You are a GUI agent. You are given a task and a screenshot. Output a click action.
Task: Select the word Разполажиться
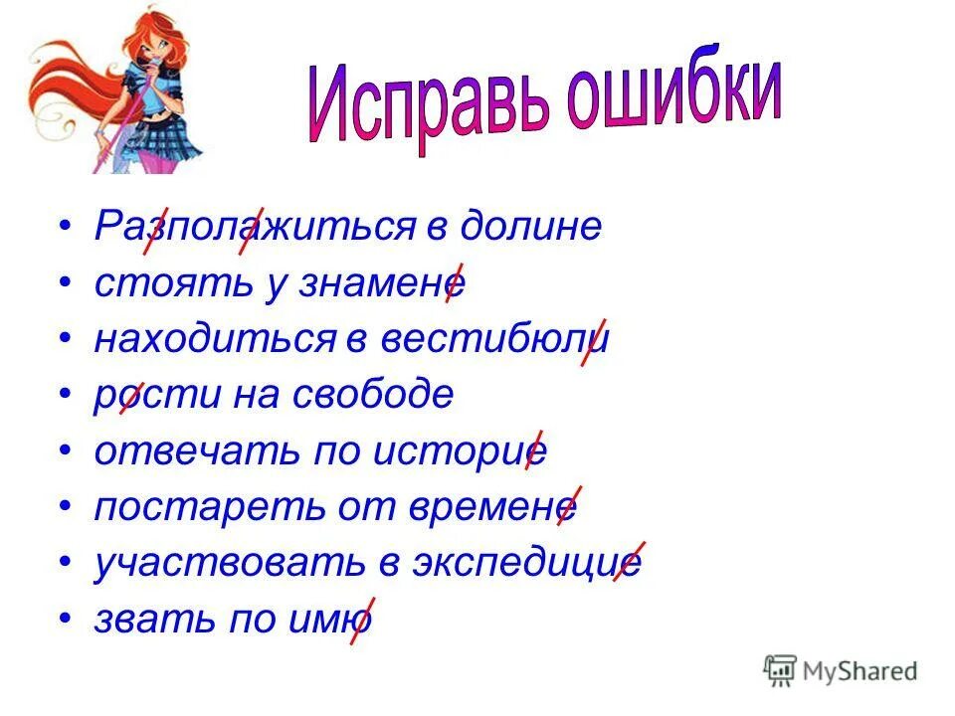tap(255, 227)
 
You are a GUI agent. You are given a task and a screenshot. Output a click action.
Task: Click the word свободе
tap(373, 395)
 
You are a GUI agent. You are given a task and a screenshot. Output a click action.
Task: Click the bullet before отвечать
tap(65, 451)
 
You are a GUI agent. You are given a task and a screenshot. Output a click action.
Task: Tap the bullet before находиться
tap(65, 339)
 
